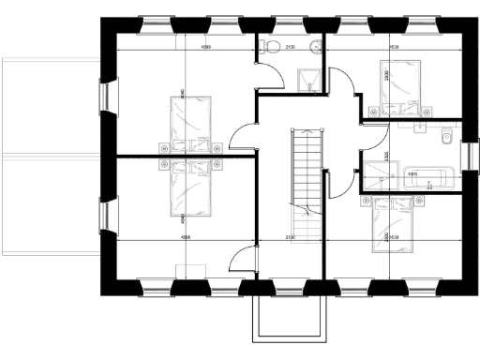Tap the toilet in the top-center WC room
click(x=271, y=46)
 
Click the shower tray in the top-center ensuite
click(x=308, y=79)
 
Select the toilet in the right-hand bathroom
click(x=446, y=138)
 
